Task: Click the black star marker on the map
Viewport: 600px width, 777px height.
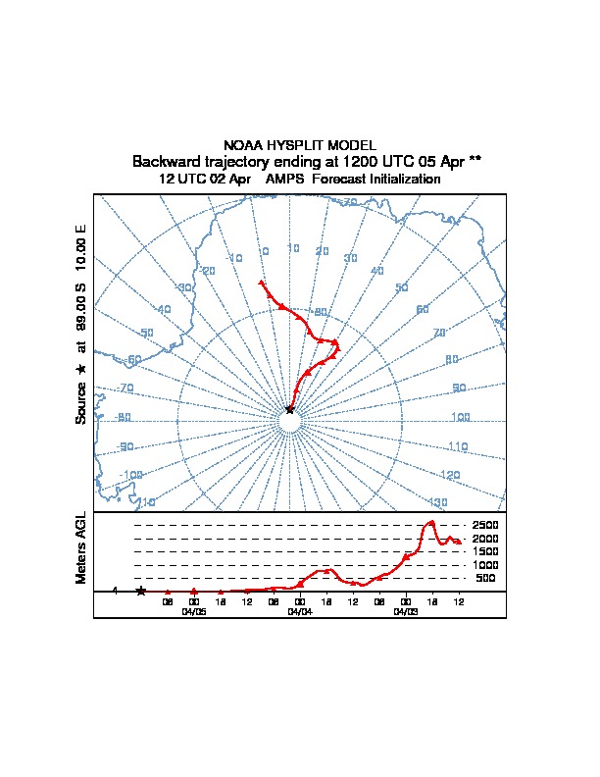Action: [289, 409]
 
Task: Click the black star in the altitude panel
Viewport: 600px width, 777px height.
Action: [141, 591]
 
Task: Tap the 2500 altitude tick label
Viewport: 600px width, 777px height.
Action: [486, 525]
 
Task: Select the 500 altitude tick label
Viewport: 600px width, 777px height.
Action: [486, 579]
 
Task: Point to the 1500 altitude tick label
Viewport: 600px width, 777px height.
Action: [486, 551]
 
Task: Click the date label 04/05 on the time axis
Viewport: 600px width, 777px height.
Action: [194, 610]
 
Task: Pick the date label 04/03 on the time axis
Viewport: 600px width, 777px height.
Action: [405, 610]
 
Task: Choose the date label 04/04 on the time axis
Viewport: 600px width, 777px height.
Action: [300, 610]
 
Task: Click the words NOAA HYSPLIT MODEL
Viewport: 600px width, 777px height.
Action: [300, 145]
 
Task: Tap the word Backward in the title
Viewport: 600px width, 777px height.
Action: [166, 161]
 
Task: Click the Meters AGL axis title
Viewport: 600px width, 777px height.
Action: [82, 547]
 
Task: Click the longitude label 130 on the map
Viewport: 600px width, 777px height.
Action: [437, 502]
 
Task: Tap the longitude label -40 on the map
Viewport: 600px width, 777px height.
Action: [163, 310]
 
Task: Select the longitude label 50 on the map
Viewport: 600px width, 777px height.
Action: [400, 288]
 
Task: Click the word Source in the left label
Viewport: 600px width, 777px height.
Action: [82, 402]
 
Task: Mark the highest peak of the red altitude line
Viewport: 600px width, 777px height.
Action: [430, 522]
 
